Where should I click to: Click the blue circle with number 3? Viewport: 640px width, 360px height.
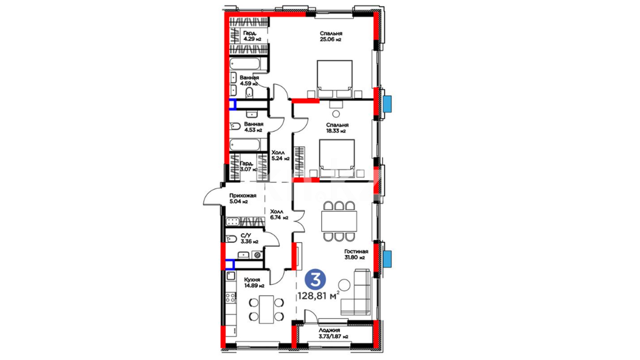coord(315,280)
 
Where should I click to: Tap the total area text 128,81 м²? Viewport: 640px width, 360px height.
coord(319,295)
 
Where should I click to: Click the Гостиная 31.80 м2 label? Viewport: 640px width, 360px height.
coord(356,254)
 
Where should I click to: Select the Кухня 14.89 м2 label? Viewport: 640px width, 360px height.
coord(254,283)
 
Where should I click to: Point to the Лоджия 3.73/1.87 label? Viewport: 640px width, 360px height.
coord(333,333)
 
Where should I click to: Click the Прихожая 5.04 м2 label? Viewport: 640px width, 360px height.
coord(243,199)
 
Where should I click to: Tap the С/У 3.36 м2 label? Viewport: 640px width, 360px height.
coord(249,239)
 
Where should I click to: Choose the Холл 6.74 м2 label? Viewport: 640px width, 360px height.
coord(279,215)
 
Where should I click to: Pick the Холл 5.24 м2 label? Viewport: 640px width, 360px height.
coord(280,156)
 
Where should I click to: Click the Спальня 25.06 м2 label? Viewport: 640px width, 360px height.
coord(331,36)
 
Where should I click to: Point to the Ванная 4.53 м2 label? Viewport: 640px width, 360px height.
coord(254,127)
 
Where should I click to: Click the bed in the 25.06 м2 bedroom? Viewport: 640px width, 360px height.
coord(335,79)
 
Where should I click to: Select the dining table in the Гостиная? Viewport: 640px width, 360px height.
coord(339,221)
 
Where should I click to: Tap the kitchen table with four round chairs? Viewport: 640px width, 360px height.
coord(266,309)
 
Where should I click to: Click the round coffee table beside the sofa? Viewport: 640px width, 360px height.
coord(344,285)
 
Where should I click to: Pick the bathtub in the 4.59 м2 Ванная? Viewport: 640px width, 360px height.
coord(245,64)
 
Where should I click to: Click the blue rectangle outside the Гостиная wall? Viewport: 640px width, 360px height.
coord(387,259)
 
